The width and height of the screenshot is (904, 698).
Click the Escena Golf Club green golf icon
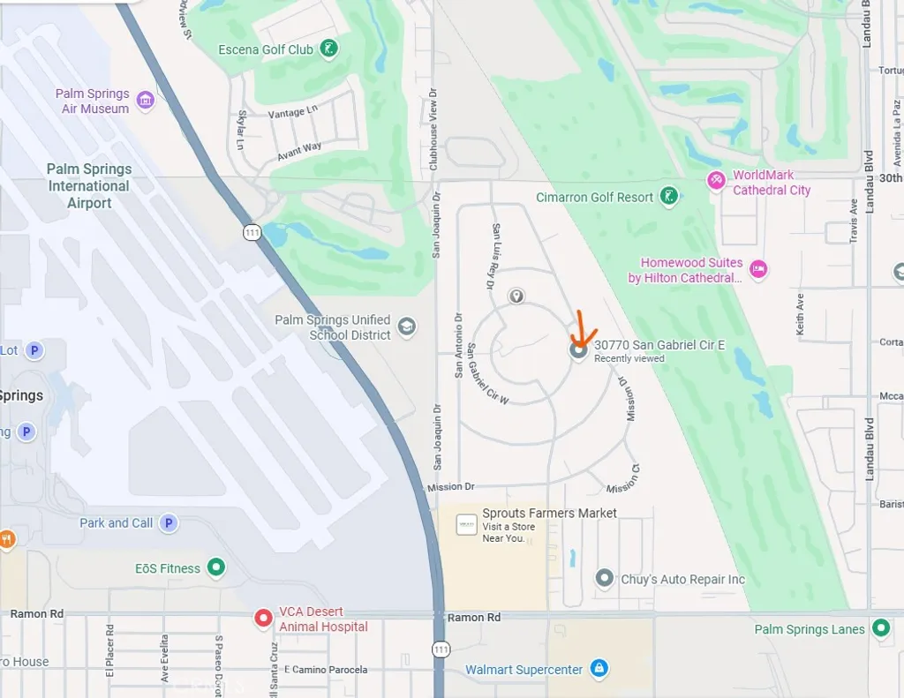pyautogui.click(x=328, y=49)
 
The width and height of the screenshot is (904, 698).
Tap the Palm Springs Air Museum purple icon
pyautogui.click(x=146, y=101)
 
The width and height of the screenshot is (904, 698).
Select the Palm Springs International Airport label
pyautogui.click(x=89, y=185)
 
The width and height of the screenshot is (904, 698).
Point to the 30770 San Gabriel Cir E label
pyautogui.click(x=659, y=345)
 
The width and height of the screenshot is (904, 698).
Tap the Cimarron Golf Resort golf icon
pyautogui.click(x=669, y=197)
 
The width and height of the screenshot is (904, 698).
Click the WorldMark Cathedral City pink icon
pyautogui.click(x=715, y=181)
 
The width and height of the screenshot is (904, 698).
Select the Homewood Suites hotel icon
pyautogui.click(x=758, y=269)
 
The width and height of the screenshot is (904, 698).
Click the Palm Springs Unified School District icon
pyautogui.click(x=406, y=326)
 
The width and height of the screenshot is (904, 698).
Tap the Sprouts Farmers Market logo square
pyautogui.click(x=467, y=526)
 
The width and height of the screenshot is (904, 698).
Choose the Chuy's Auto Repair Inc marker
pyautogui.click(x=605, y=579)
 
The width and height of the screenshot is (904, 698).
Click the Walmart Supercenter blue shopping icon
pyautogui.click(x=599, y=669)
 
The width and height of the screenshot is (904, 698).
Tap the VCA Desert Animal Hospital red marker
pyautogui.click(x=262, y=619)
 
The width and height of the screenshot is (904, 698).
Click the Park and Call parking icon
pyautogui.click(x=168, y=522)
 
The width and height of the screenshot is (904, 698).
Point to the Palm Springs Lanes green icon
pyautogui.click(x=880, y=628)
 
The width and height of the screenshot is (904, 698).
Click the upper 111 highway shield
pyautogui.click(x=252, y=232)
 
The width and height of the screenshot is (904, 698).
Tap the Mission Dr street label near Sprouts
pyautogui.click(x=451, y=487)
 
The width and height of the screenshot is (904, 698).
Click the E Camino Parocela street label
pyautogui.click(x=326, y=670)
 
